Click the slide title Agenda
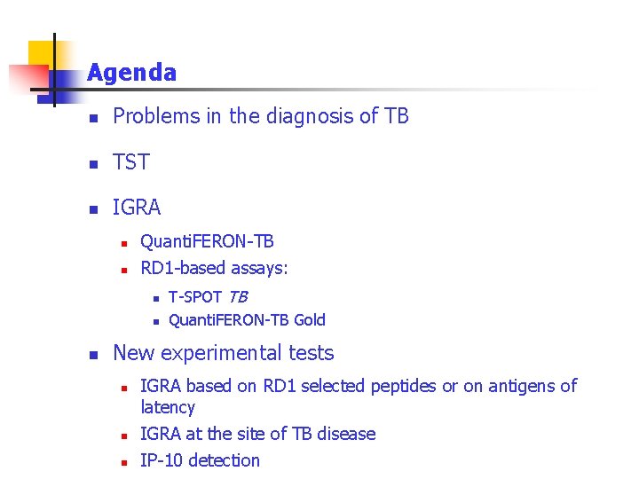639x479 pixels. [131, 73]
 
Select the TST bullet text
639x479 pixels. [131, 162]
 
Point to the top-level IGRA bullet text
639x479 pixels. [137, 208]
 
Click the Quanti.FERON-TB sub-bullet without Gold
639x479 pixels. [207, 241]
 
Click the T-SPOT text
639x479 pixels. [194, 296]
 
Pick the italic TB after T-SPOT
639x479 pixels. [237, 296]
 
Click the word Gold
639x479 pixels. [309, 320]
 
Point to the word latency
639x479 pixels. [168, 408]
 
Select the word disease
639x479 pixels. [345, 434]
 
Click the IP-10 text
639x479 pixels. [162, 460]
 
